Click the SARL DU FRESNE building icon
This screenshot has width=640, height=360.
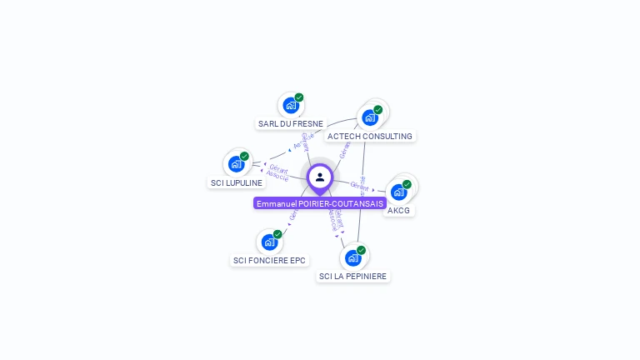tap(291, 105)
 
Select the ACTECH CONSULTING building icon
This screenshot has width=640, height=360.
tap(370, 117)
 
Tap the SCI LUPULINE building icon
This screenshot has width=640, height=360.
tap(237, 163)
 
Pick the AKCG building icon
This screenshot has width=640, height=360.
tap(399, 192)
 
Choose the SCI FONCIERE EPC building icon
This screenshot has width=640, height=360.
tap(269, 242)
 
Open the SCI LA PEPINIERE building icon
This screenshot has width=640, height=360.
tap(352, 257)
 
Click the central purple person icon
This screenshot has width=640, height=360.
tap(320, 177)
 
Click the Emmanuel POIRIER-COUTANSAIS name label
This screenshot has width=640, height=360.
tap(320, 203)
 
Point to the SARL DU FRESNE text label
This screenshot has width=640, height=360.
tap(291, 124)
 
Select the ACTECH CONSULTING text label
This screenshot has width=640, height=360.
tap(370, 136)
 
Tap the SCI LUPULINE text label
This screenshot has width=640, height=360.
tap(237, 182)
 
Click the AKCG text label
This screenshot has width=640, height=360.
tap(399, 210)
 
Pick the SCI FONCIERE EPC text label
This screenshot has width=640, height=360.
tap(269, 261)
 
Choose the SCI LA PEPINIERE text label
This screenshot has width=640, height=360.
tap(352, 276)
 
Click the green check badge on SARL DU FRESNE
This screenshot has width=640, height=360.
tap(299, 97)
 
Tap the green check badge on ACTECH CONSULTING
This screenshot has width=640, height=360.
tap(378, 110)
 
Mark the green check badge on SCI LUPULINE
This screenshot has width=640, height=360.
tap(245, 156)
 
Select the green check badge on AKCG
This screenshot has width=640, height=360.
tap(407, 184)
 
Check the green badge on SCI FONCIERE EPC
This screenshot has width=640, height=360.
tap(277, 234)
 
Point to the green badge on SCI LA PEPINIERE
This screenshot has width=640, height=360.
tap(361, 250)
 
